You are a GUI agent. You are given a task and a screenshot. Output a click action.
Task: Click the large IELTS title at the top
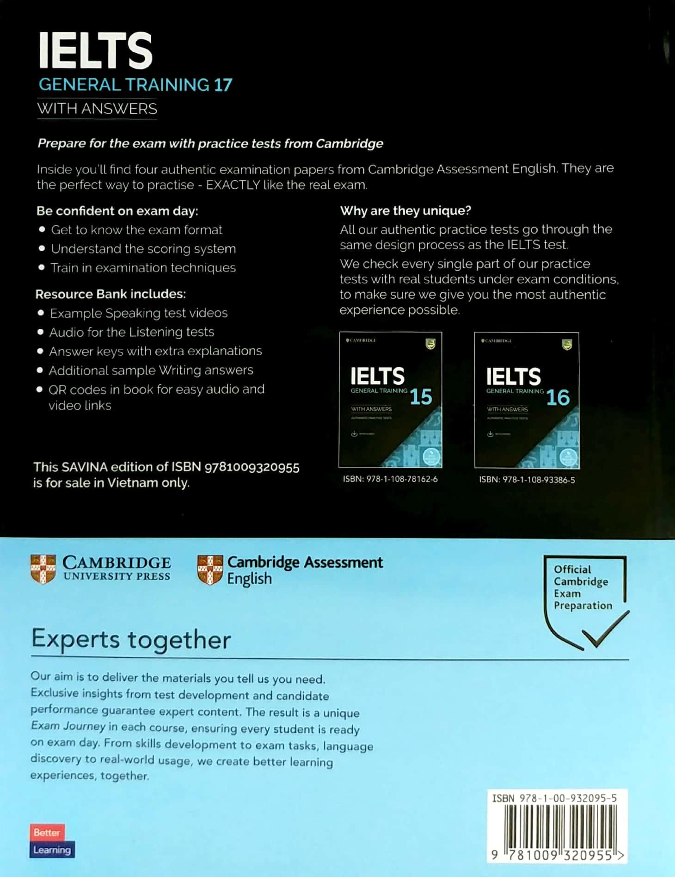[x=95, y=50]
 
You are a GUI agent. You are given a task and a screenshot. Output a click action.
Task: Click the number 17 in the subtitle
[x=223, y=85]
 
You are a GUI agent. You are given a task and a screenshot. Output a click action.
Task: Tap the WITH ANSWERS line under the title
[x=97, y=109]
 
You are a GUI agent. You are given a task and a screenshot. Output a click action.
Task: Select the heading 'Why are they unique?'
[x=405, y=211]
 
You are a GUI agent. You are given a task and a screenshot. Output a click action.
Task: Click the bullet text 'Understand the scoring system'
[x=143, y=249]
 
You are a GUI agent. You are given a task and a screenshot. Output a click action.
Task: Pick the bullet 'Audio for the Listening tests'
[x=132, y=332]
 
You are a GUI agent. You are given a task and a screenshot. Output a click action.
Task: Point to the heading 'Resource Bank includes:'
[x=110, y=294]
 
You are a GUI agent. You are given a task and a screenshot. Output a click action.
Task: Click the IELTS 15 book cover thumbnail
[x=391, y=400]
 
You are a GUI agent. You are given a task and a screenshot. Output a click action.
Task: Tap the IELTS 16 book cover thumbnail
[x=527, y=400]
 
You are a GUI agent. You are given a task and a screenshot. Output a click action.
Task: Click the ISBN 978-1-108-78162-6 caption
[x=390, y=479]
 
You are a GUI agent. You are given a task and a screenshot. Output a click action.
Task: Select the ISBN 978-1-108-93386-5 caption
[x=527, y=480]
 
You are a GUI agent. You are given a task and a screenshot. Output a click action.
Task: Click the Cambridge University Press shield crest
[x=43, y=569]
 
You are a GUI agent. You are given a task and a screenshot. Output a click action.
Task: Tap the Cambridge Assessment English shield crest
[x=210, y=570]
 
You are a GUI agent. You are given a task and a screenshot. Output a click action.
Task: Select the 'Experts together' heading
[x=131, y=640]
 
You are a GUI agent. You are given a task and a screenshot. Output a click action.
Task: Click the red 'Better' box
[x=47, y=833]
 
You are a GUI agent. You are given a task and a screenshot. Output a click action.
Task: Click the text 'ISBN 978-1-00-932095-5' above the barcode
[x=554, y=798]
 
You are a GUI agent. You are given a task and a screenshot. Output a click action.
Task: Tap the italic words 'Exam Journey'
[x=68, y=726]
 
